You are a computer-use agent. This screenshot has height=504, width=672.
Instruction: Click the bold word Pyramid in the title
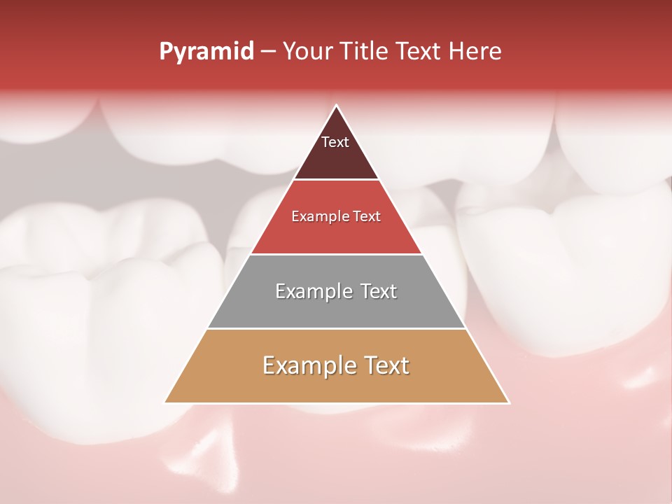coord(206,52)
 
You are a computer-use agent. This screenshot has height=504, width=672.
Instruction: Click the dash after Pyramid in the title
coord(268,52)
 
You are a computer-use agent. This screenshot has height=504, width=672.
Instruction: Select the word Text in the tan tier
coord(386,365)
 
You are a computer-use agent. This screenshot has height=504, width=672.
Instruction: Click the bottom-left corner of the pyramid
coord(165,402)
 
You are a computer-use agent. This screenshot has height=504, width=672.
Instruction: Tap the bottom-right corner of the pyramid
coord(509,402)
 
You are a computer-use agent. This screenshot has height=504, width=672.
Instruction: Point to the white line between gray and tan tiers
coord(336,328)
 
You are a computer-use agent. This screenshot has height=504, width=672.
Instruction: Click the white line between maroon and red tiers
coord(336,180)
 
